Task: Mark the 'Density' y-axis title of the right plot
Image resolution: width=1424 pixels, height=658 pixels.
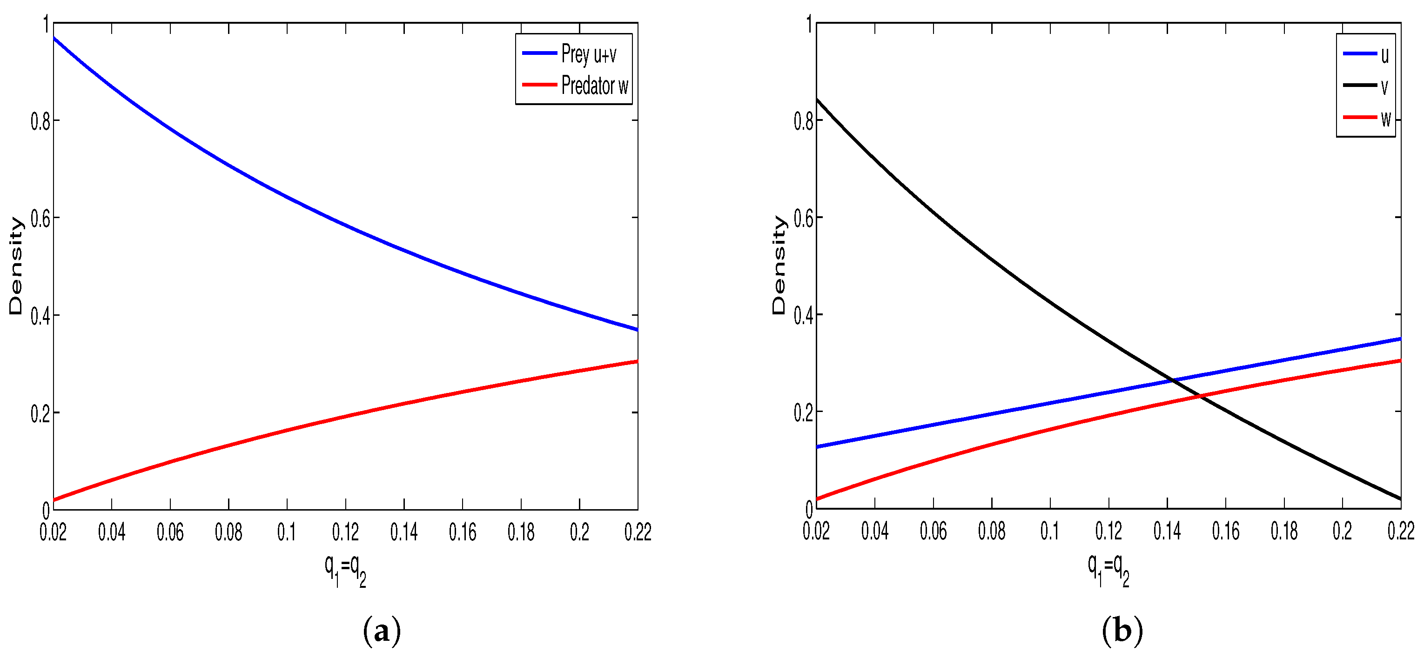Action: point(779,265)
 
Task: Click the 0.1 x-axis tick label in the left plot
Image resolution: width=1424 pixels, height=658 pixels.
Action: point(286,532)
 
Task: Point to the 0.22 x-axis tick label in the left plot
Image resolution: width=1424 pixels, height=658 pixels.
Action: point(638,532)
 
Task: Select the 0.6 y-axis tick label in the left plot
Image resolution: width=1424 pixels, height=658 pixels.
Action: point(40,219)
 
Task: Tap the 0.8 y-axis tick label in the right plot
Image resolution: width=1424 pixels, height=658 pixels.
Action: point(803,121)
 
